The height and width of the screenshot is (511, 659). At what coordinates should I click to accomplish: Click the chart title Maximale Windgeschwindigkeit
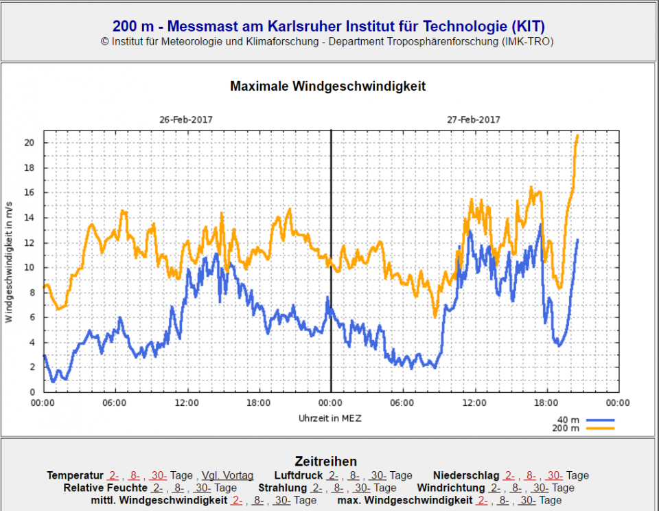(x=327, y=87)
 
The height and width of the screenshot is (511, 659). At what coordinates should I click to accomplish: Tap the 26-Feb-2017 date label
(x=186, y=120)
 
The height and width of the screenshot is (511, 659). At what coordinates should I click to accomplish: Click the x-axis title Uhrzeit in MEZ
(x=330, y=418)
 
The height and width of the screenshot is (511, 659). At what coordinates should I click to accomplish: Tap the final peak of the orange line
(x=577, y=135)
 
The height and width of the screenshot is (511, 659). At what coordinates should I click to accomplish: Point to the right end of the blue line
(x=577, y=240)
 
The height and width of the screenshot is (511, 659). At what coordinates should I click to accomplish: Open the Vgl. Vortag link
(x=227, y=475)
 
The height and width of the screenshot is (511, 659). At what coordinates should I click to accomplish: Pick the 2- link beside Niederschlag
(x=509, y=475)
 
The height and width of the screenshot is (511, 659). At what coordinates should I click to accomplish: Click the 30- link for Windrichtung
(x=542, y=488)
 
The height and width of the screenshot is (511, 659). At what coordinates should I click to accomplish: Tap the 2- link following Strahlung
(x=316, y=488)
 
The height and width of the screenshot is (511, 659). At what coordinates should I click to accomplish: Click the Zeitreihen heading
(x=326, y=462)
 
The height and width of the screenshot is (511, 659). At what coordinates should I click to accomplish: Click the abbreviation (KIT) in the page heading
(x=528, y=27)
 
